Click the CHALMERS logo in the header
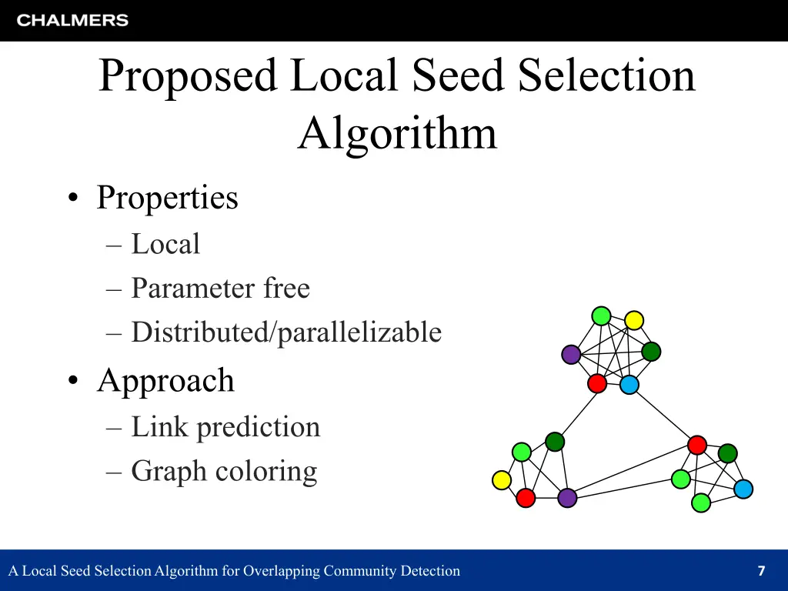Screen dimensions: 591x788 click(x=72, y=21)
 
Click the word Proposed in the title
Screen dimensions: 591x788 click(x=187, y=75)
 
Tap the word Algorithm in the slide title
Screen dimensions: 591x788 click(x=397, y=133)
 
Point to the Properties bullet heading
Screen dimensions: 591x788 click(x=167, y=198)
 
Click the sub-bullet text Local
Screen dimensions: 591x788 click(x=165, y=245)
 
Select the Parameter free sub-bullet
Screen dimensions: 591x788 click(x=220, y=289)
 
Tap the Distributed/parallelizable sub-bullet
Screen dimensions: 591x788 click(x=286, y=332)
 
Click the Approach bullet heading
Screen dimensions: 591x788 click(x=165, y=380)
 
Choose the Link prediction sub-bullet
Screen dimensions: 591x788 click(x=225, y=427)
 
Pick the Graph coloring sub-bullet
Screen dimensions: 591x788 click(x=224, y=471)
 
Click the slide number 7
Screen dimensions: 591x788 click(x=761, y=571)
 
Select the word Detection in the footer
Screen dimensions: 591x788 click(x=432, y=571)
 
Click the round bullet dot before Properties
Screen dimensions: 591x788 click(x=72, y=199)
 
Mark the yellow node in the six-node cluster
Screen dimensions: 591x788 click(x=634, y=320)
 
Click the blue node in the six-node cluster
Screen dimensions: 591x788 click(x=629, y=385)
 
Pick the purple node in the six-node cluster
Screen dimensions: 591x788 click(x=571, y=355)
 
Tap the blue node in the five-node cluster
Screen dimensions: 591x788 click(x=743, y=489)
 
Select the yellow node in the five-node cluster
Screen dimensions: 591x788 click(x=502, y=481)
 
